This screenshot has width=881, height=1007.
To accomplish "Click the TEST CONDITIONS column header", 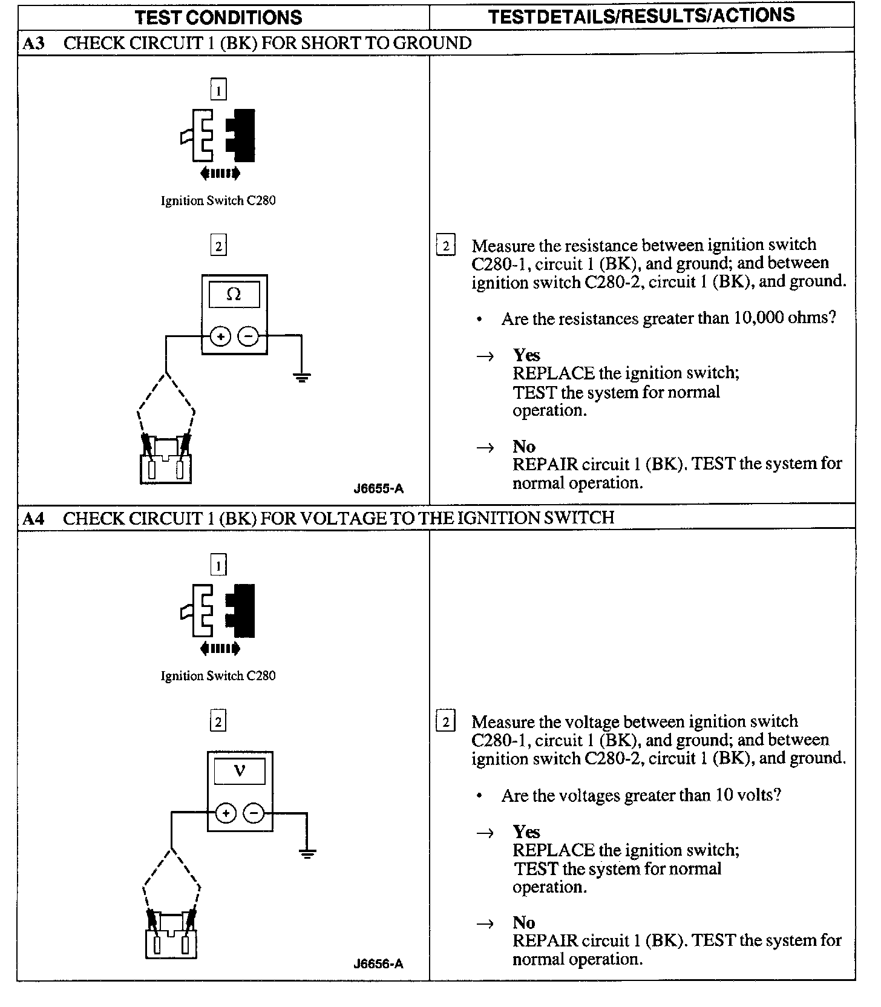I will point(218,17).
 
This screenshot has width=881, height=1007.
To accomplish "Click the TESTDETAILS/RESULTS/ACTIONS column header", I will point(641,16).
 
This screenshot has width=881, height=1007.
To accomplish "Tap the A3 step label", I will point(34,44).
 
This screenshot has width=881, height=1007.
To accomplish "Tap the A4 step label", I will point(34,519).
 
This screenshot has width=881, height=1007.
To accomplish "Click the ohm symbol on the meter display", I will point(234,295).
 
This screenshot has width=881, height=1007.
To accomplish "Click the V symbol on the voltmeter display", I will point(240,771).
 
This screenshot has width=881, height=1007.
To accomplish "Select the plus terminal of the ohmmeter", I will point(221,336).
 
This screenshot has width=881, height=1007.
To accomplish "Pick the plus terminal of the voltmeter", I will point(226,813).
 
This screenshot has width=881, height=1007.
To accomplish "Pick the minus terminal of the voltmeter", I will point(254,813).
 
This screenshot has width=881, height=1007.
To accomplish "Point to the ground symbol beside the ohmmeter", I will point(301,377).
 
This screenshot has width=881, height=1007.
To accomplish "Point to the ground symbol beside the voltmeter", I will point(307,853).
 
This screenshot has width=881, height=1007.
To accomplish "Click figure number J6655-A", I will point(378,488).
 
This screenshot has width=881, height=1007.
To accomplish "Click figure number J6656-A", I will point(378,964).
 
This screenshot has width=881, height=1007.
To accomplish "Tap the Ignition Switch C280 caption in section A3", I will point(218,201).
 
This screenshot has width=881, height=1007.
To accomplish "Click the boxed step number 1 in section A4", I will point(218,565).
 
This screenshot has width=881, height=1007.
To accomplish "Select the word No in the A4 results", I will point(524,922).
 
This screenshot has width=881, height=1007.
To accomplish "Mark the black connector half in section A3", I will point(242,134).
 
